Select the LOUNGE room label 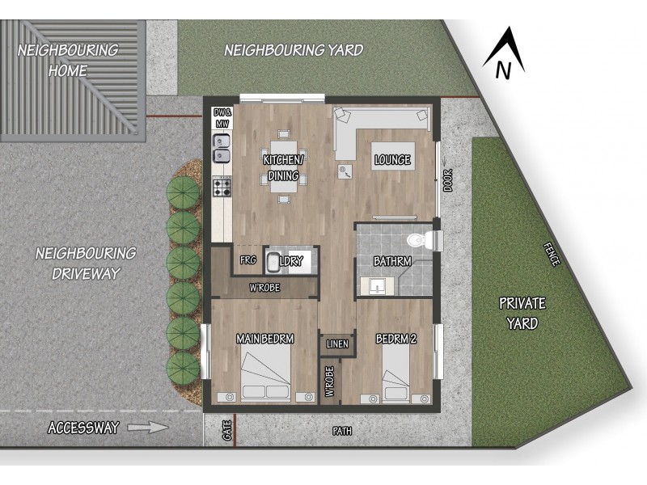(393, 160)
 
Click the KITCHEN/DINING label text (281, 168)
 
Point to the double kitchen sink (221, 147)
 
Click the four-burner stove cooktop (222, 188)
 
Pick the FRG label (248, 260)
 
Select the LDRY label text (290, 262)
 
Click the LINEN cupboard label (337, 344)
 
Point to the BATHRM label (393, 262)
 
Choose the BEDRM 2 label (396, 339)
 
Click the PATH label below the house (343, 431)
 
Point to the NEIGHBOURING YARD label (294, 50)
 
